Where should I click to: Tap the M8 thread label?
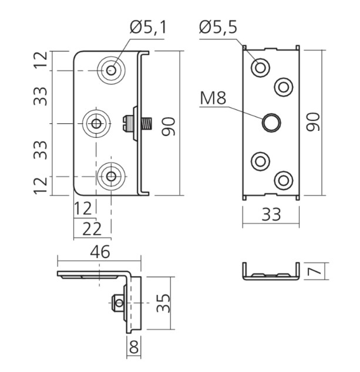tap(213, 98)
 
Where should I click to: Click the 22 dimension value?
tap(92, 228)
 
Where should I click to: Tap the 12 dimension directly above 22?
tap(84, 207)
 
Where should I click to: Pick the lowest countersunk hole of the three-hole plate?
tap(111, 175)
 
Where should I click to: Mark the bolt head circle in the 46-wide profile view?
tap(120, 303)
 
